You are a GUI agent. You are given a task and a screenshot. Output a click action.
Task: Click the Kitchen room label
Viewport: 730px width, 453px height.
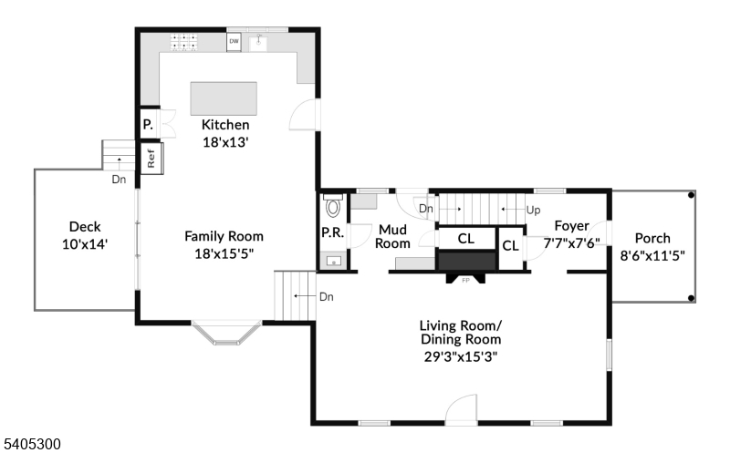coord(225,125)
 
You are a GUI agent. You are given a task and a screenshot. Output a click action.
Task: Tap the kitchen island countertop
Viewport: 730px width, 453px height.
coord(224,97)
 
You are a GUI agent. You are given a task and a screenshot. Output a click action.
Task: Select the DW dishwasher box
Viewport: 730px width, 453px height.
coord(235,42)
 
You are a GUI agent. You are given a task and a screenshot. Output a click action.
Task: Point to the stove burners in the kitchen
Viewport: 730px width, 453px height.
coord(183,41)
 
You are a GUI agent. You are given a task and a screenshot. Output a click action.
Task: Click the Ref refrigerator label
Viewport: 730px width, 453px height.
coord(151,157)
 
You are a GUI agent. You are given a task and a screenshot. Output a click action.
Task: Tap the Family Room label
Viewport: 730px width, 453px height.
coord(224,236)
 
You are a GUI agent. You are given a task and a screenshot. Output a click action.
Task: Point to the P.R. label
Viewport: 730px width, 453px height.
coord(331,233)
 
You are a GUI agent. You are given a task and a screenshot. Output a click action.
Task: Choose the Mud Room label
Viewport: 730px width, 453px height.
coord(393,236)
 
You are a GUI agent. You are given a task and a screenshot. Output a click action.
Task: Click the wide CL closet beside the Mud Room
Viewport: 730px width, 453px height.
coord(466,239)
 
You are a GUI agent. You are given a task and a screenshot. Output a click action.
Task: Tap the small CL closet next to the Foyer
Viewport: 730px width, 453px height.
coord(510,245)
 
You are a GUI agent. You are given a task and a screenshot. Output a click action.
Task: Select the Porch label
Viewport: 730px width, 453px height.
coord(652,239)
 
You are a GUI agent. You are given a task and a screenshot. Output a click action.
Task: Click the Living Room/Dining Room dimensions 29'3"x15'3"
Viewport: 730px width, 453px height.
coord(460,355)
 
